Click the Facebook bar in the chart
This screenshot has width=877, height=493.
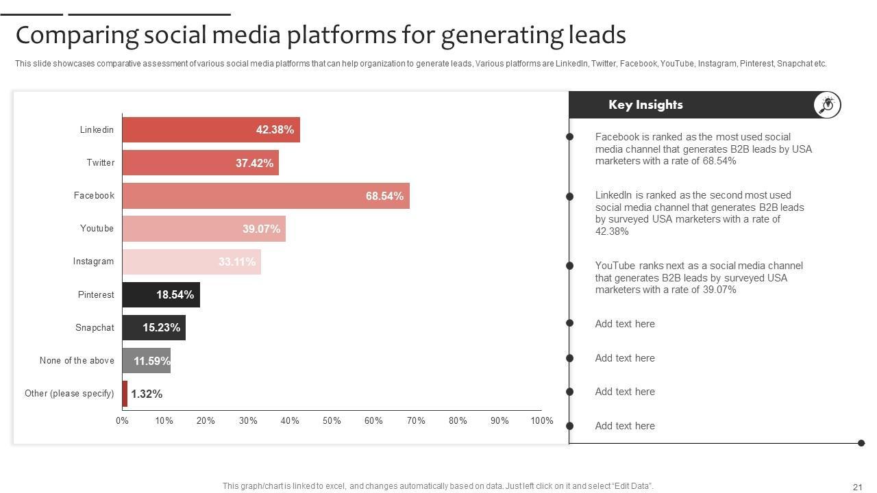coord(266,196)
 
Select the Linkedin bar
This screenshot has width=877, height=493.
coord(211,130)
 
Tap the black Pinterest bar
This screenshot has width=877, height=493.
coord(161,294)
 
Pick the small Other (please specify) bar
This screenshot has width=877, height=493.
coord(125,394)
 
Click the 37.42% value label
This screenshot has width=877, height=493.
coord(254,163)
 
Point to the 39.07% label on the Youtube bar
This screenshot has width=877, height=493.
coord(261,229)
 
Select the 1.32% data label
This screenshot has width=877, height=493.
coord(147,394)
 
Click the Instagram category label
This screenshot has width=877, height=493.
coord(93,262)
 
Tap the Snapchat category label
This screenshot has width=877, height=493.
coord(95,327)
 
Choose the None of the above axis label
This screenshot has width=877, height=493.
coord(77,361)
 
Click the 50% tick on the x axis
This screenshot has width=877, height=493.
coord(332,420)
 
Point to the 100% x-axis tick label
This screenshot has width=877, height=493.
coord(541,420)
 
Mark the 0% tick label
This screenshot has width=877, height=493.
coord(122,420)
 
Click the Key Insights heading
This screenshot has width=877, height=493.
coord(645,105)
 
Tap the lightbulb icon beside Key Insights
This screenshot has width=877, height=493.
coord(827,105)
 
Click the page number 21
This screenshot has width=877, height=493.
coord(857,487)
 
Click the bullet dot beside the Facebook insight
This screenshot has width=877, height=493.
coord(569,137)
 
